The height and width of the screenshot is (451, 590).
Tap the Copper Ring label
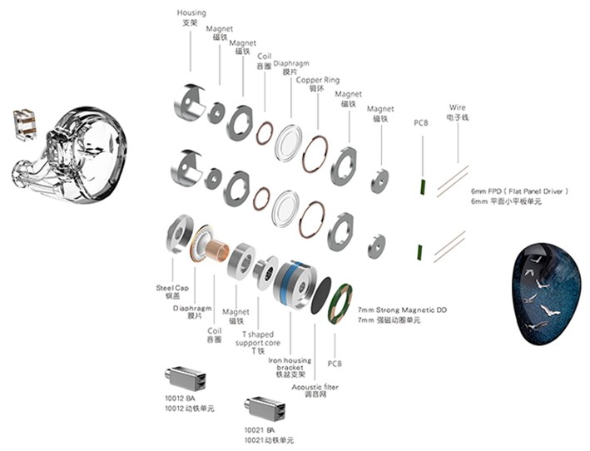[x=317, y=80]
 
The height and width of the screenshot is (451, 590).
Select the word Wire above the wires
[x=457, y=107]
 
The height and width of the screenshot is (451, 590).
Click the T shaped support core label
[x=259, y=338]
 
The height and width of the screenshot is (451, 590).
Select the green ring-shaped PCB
[x=340, y=302]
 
